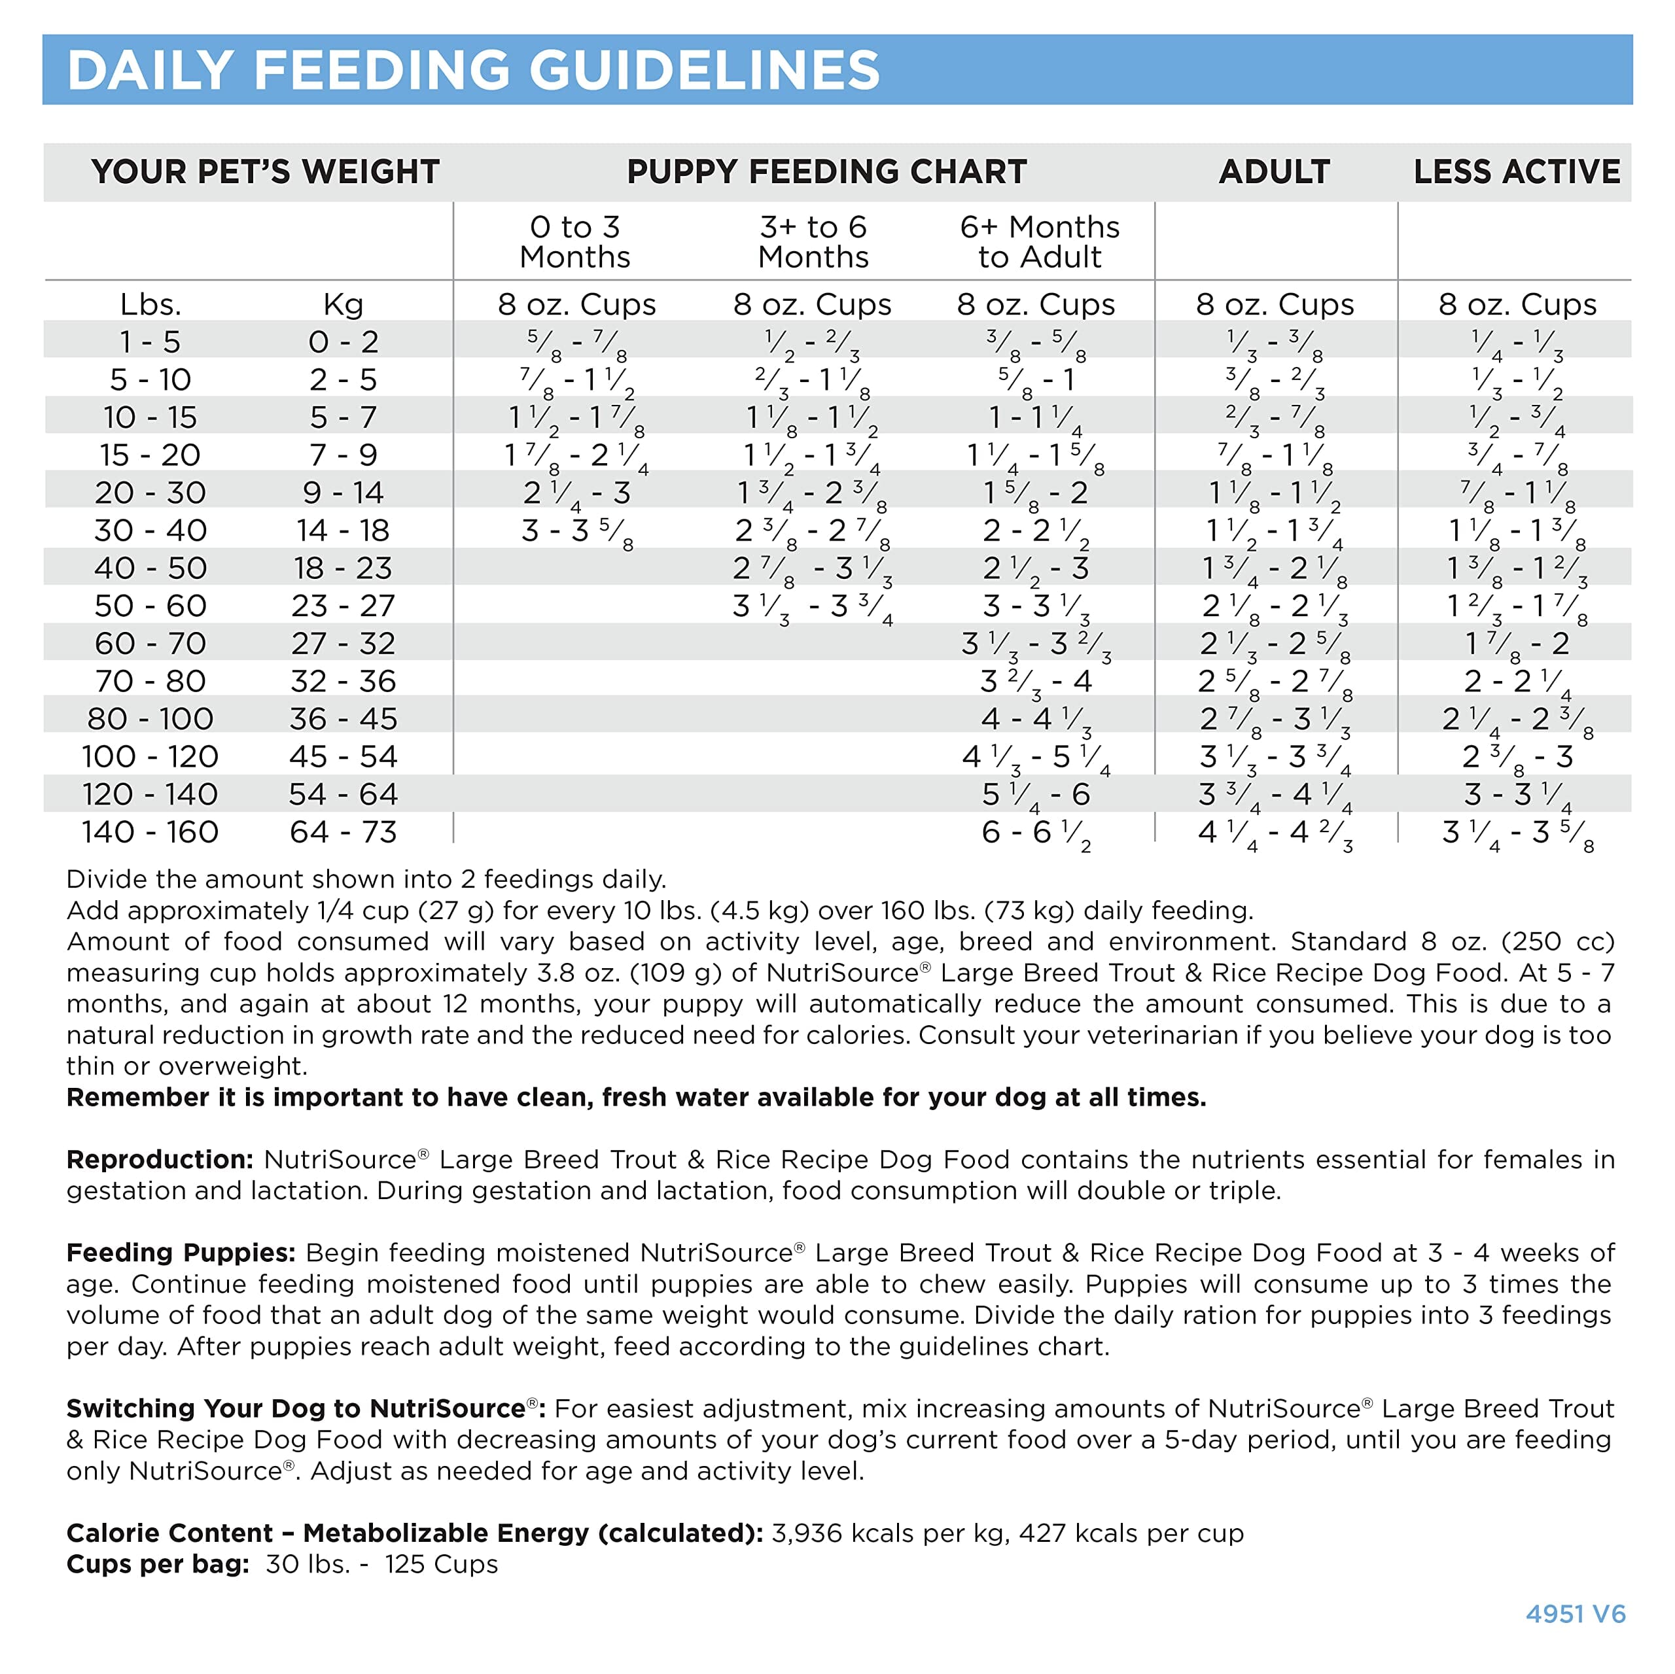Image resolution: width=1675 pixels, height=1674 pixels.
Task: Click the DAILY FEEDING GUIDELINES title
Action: tap(473, 70)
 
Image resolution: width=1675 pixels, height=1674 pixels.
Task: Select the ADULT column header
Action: tap(1274, 171)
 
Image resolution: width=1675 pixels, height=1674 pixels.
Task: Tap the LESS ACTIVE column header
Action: tap(1517, 171)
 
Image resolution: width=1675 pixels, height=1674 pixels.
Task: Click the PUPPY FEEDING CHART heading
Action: tap(826, 171)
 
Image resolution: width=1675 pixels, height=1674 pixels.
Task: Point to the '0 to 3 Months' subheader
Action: tap(575, 242)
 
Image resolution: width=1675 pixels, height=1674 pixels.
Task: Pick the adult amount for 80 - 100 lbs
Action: tap(1275, 720)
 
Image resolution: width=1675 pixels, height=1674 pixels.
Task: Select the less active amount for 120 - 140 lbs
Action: tap(1517, 795)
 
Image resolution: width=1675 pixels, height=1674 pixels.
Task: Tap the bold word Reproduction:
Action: tap(160, 1160)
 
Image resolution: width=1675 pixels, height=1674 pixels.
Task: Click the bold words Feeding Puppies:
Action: tap(181, 1253)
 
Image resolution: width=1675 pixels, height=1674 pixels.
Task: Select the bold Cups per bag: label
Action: tap(158, 1564)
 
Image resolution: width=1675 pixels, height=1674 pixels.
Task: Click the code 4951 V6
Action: tap(1576, 1614)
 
